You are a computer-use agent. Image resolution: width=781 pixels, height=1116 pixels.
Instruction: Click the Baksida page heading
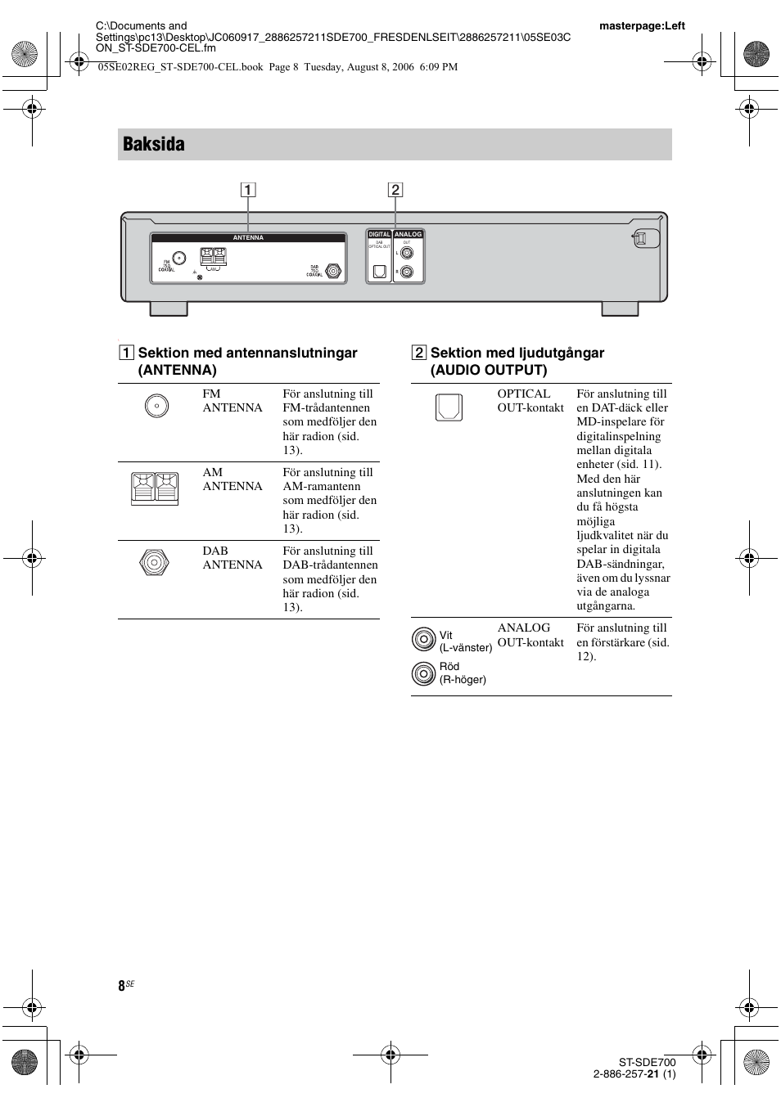(154, 144)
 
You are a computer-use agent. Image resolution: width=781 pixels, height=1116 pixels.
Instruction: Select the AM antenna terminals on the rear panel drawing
(214, 257)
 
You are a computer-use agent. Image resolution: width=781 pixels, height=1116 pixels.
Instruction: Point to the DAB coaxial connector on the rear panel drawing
(333, 271)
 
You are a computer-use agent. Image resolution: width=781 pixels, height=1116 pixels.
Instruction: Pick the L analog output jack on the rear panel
(407, 254)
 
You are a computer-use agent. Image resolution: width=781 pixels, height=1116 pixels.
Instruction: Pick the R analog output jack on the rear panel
(407, 272)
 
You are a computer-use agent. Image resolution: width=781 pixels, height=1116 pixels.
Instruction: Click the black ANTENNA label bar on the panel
(248, 238)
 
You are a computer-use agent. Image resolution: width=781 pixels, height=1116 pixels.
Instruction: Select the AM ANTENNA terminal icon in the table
(155, 488)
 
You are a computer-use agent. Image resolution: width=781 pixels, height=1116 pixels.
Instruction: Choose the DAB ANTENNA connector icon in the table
(154, 563)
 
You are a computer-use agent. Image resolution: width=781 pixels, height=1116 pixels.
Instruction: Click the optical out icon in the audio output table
(449, 407)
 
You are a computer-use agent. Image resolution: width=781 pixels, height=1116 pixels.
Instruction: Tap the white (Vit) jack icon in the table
(423, 639)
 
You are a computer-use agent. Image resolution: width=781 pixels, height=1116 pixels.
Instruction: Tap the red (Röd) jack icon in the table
(423, 673)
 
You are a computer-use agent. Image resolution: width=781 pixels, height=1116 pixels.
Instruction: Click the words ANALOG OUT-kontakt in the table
(530, 635)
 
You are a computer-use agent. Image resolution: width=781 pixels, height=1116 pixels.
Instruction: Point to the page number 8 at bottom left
(122, 986)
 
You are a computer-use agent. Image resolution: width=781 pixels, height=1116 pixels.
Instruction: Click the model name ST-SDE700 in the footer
(647, 1062)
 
